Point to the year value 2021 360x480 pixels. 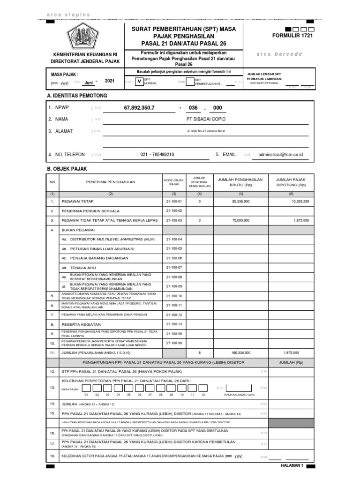click(109, 81)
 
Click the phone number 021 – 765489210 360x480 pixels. click(157, 154)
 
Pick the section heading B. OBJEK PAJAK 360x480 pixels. click(67, 168)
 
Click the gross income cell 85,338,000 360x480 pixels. click(240, 201)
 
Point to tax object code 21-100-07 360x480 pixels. click(173, 267)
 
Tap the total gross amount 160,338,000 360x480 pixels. click(240, 352)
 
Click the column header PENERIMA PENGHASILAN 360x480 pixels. click(111, 182)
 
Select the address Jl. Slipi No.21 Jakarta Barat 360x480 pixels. click(206, 131)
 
